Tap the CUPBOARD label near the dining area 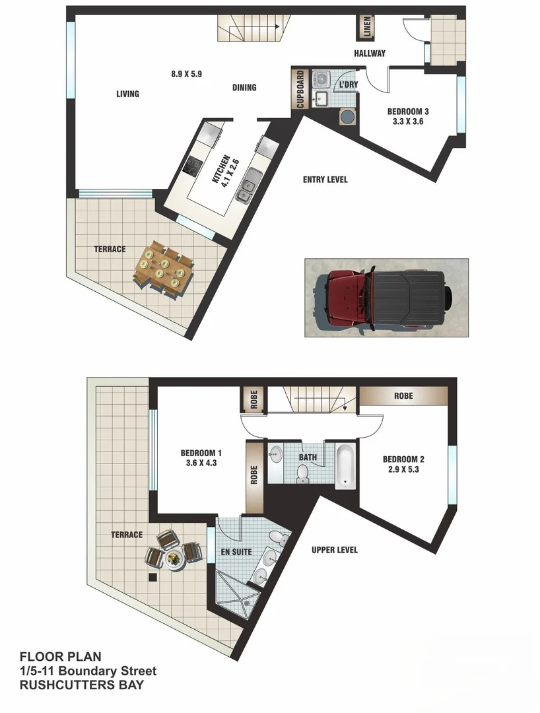(300, 90)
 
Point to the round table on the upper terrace (174, 559)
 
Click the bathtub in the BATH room (345, 466)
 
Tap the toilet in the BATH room (303, 473)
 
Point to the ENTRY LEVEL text (325, 180)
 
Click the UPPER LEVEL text (335, 549)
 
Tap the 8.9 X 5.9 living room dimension (186, 74)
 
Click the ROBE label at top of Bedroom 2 (403, 396)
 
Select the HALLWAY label (369, 53)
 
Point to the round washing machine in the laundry (347, 117)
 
